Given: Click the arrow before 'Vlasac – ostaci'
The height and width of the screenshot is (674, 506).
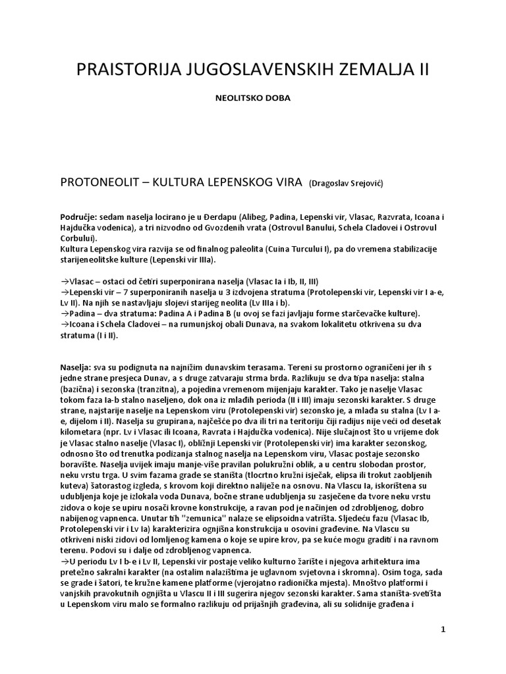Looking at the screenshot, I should point(65,280).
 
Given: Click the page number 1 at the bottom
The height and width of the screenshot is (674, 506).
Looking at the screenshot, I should point(443,629).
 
